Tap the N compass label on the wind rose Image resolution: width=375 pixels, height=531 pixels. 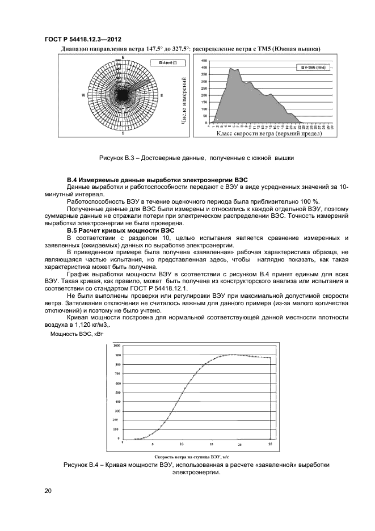[x=123, y=58]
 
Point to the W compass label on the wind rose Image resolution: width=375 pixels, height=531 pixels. [x=83, y=95]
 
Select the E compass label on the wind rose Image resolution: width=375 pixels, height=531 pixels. [x=162, y=95]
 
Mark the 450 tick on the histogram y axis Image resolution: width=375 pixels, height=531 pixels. [x=204, y=61]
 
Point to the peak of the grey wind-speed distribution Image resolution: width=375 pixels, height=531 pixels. [x=231, y=68]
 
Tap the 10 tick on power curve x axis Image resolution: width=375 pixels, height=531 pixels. [x=182, y=444]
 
